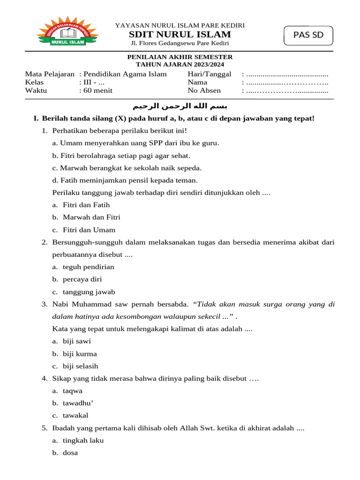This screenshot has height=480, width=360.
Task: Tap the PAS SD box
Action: click(308, 36)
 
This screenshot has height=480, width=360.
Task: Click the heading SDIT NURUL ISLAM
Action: click(180, 34)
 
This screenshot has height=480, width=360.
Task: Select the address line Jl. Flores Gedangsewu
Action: click(180, 44)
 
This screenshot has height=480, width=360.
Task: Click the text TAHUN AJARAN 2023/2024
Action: click(180, 65)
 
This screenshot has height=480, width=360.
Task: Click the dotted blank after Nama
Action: click(287, 82)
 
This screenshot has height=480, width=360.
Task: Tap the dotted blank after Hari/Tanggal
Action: click(287, 74)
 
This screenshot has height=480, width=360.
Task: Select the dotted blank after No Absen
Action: click(287, 91)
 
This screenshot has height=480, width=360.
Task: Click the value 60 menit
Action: click(97, 91)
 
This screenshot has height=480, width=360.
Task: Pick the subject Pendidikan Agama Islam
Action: click(125, 74)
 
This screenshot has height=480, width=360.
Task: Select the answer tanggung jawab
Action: click(89, 292)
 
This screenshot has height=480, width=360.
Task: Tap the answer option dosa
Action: click(70, 453)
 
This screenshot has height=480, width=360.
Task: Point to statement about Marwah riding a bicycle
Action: click(127, 168)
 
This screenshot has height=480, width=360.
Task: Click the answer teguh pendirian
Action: click(89, 267)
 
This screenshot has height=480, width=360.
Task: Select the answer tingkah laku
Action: click(83, 441)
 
